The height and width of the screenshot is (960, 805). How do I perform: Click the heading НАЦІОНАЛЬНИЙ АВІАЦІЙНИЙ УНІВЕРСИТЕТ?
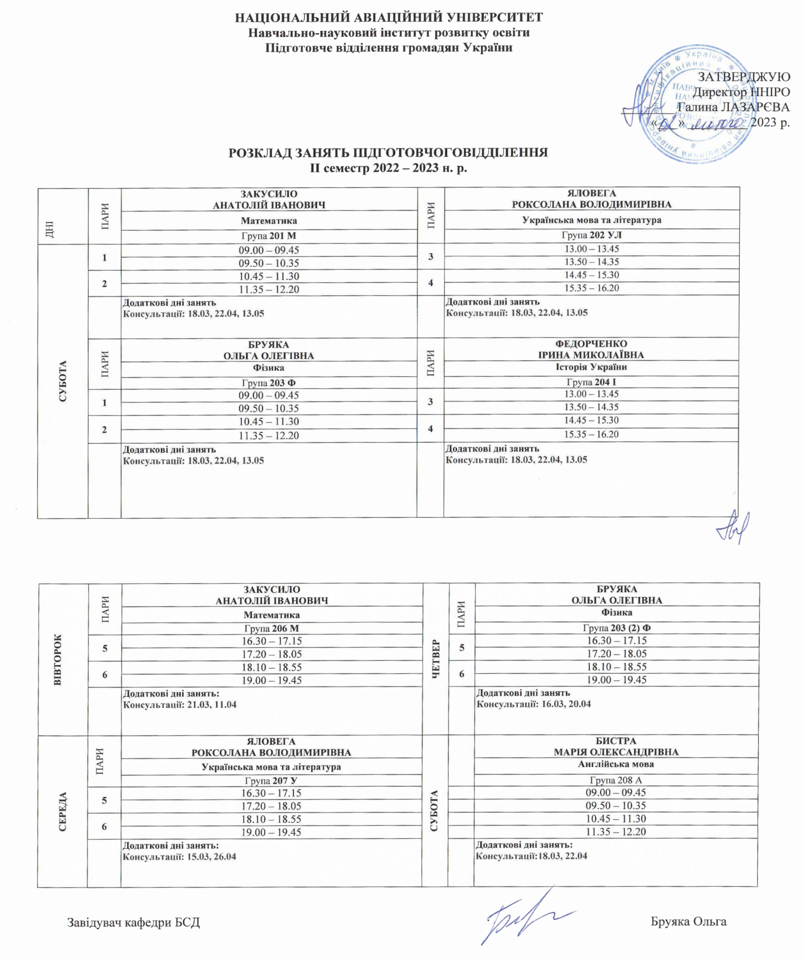(x=389, y=17)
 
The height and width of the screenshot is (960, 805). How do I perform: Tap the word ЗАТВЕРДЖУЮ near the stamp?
(x=743, y=77)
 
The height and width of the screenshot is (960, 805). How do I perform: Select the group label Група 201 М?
(x=269, y=236)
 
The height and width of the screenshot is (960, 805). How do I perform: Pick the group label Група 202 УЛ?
(x=592, y=235)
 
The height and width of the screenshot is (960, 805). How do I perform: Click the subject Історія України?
(x=591, y=366)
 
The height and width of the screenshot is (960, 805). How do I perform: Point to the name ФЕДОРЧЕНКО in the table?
(x=591, y=343)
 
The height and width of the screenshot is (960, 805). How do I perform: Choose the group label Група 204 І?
(x=591, y=382)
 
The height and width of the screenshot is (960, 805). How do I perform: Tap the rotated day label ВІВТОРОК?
(x=58, y=660)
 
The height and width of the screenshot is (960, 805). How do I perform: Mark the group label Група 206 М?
(x=272, y=628)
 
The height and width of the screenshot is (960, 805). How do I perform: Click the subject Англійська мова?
(x=616, y=764)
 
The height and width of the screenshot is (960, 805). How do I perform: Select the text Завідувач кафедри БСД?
(x=134, y=922)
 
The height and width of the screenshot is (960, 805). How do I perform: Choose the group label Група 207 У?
(x=272, y=780)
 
